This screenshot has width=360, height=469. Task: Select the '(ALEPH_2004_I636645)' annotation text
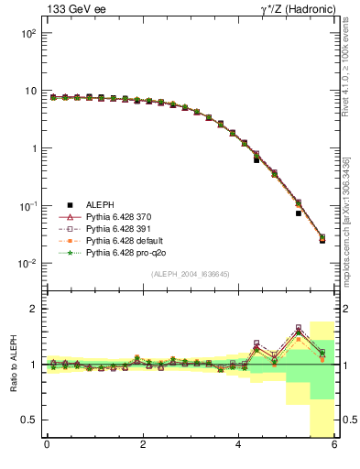pos(191,274)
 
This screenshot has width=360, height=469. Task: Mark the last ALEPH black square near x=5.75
pos(322,240)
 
